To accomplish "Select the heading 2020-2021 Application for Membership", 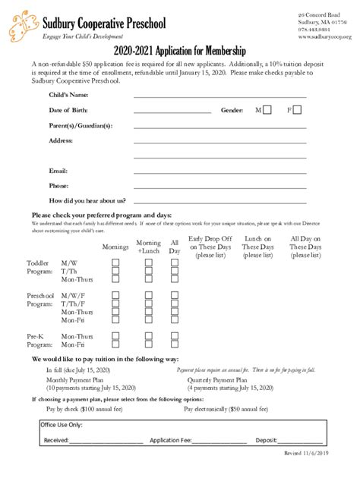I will coord(180,51).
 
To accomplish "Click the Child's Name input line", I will coord(219,97).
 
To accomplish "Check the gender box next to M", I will coord(267,110).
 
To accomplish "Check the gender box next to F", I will coord(297,110).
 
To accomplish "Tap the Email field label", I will coord(58,171).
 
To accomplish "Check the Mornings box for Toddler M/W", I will coord(116,263).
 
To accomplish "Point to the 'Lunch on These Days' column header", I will coord(257,247).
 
